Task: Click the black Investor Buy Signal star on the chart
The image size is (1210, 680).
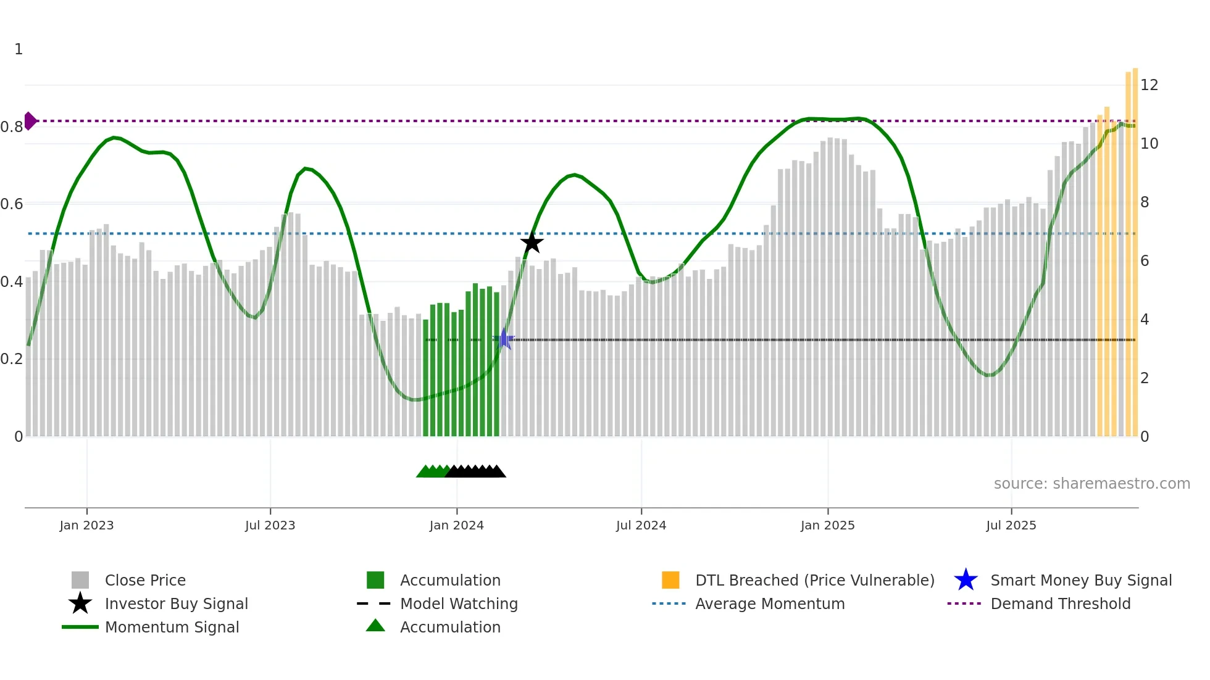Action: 532,243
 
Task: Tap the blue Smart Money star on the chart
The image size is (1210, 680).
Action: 504,339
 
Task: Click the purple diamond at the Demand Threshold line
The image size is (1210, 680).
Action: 30,121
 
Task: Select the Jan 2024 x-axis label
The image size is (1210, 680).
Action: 456,525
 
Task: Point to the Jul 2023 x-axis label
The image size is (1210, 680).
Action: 270,525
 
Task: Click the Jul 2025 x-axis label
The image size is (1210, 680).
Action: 1011,525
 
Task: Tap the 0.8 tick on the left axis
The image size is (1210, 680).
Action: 12,127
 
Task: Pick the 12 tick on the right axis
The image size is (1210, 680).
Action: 1149,85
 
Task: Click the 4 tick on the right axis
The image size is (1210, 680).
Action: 1145,320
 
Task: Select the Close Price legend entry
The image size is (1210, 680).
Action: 145,580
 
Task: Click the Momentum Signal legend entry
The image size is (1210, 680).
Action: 172,627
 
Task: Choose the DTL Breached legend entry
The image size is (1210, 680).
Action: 814,580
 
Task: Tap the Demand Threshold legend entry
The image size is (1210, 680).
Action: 1060,603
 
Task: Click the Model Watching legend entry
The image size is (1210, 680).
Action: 459,603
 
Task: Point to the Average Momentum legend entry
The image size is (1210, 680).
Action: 770,603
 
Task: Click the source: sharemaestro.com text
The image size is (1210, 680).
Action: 1091,484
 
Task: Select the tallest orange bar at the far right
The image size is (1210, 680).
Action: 1135,247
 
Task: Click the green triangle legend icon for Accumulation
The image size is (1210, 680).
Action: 375,626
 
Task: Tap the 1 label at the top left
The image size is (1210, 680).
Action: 19,49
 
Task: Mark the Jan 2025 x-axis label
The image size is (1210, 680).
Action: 827,525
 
